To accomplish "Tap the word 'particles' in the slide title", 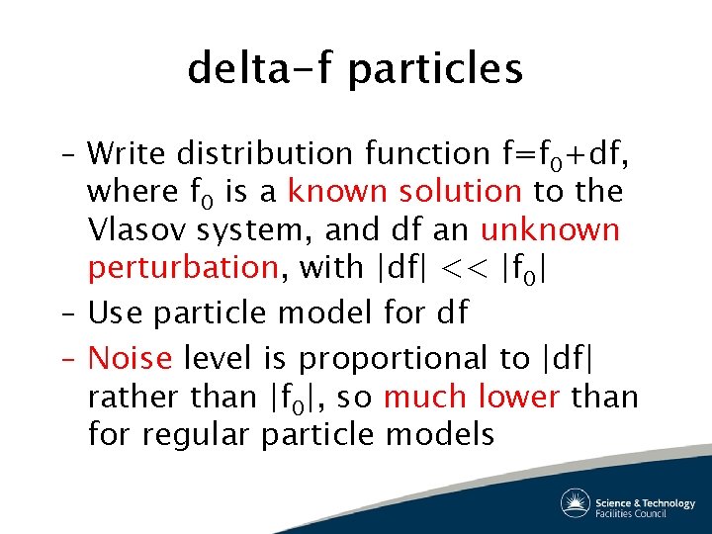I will [x=436, y=69].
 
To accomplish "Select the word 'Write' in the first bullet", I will [x=128, y=153].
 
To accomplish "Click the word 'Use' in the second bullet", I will [x=116, y=313].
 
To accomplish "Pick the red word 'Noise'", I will [x=130, y=357].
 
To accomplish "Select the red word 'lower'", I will [x=520, y=396].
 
